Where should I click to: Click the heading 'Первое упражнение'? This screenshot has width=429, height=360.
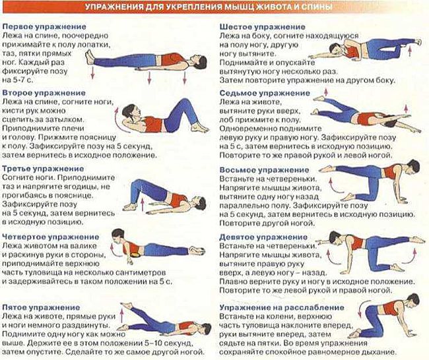(44, 27)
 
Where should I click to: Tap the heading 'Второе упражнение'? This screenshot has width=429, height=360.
(44, 93)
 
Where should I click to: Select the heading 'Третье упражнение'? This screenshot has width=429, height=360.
(43, 169)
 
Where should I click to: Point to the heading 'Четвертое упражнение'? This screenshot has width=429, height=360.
(51, 237)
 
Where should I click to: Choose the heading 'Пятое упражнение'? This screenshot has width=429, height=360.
(41, 307)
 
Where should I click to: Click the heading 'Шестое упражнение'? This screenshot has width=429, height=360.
(263, 27)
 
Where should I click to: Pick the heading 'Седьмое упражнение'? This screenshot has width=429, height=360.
(265, 93)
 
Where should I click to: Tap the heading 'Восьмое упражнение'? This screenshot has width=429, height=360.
(264, 170)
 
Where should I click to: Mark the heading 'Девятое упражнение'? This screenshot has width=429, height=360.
(263, 237)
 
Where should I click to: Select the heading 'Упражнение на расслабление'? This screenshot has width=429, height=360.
(282, 307)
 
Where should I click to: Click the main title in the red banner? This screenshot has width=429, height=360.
(209, 7)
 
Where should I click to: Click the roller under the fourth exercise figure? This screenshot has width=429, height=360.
(136, 255)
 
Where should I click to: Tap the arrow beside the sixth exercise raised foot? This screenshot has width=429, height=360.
(410, 51)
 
